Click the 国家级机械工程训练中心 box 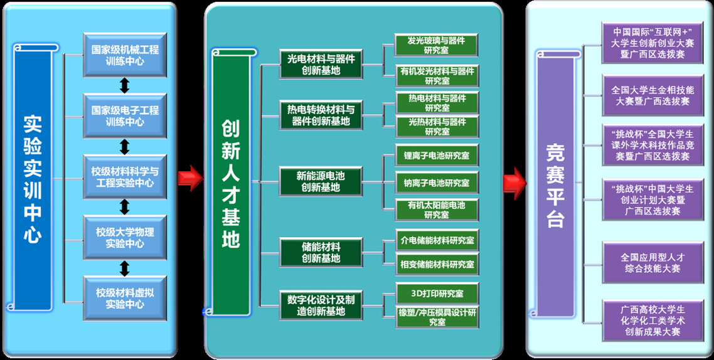(125, 55)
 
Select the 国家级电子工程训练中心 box (125, 115)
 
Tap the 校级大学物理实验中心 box (125, 237)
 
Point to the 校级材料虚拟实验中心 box (125, 298)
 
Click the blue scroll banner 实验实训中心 (33, 177)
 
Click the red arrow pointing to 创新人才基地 (190, 178)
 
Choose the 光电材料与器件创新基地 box (321, 64)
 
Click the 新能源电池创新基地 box (321, 181)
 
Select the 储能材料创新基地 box (321, 253)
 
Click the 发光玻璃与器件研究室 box (436, 45)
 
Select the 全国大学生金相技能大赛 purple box (653, 95)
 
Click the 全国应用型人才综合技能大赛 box (653, 263)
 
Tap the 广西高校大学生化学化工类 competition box (653, 320)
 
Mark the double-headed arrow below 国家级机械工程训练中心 (125, 85)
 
